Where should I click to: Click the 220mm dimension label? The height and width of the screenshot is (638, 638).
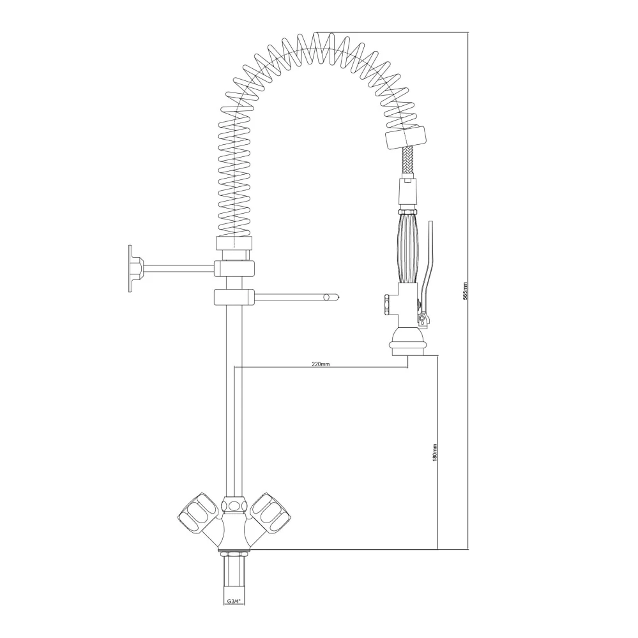click(x=320, y=364)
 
